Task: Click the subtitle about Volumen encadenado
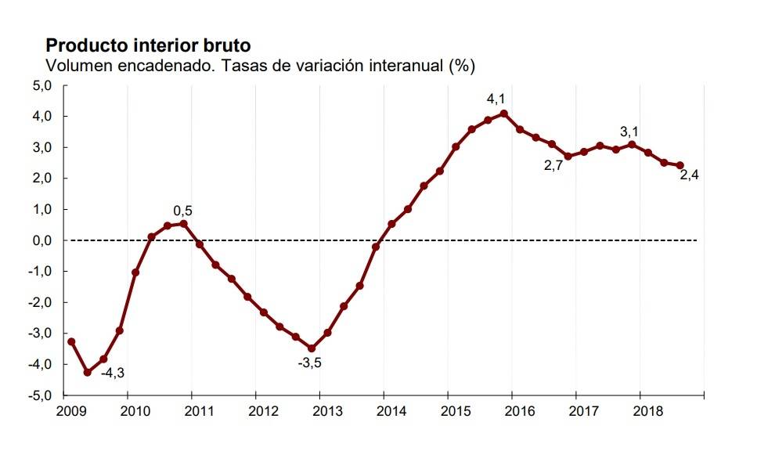[x=261, y=65]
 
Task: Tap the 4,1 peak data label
[x=496, y=99]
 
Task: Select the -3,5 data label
[x=310, y=363]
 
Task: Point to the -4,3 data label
[x=112, y=373]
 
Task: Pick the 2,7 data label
[x=553, y=165]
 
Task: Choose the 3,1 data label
[x=629, y=132]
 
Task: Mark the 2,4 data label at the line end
[x=689, y=175]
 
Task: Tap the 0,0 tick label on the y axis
[x=40, y=240]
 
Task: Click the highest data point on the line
[x=503, y=114]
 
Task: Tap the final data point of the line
[x=679, y=166]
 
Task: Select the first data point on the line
[x=71, y=341]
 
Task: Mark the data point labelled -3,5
[x=312, y=348]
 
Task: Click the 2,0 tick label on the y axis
[x=40, y=179]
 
